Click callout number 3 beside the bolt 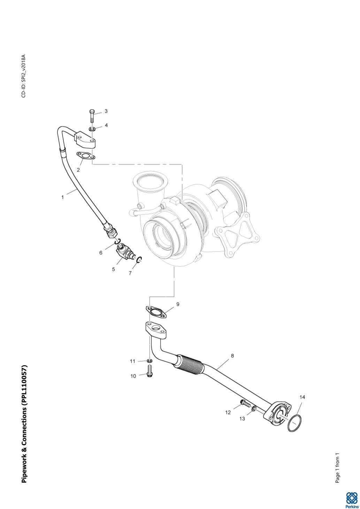106,111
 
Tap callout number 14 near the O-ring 302,397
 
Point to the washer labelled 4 92,130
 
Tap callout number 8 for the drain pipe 232,356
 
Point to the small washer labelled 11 150,361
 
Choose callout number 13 242,418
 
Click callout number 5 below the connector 113,270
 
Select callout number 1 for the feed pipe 63,197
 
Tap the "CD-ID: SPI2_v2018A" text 24,76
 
